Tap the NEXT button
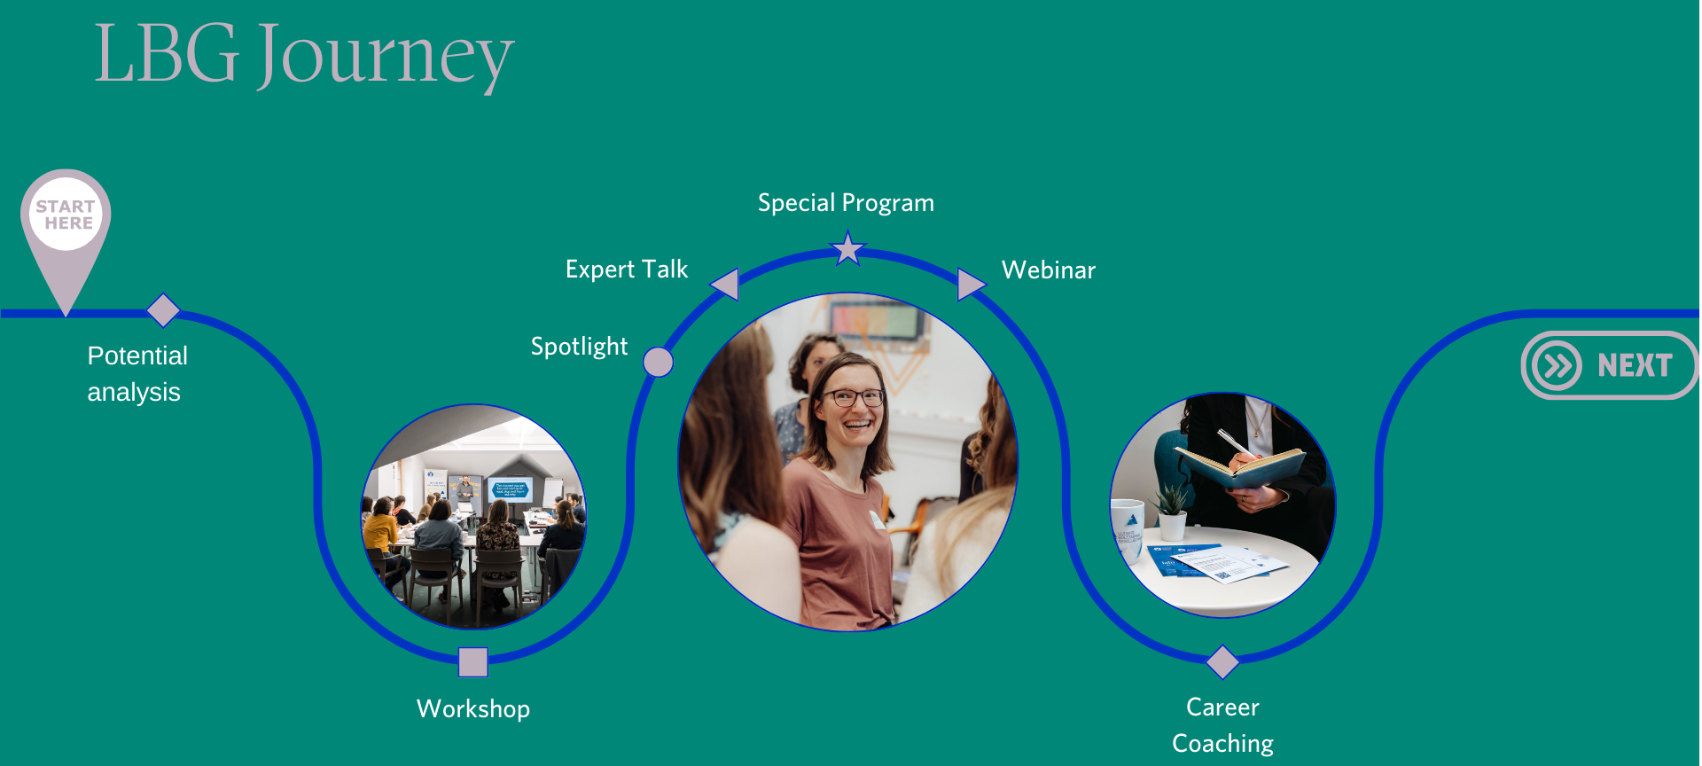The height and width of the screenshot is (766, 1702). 1610,365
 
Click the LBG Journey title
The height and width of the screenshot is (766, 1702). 304,55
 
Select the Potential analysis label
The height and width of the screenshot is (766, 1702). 137,373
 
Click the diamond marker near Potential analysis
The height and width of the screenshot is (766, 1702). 163,310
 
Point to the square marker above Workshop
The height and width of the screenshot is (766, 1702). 473,661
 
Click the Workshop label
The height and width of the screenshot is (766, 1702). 473,708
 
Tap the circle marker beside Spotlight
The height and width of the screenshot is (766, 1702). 658,362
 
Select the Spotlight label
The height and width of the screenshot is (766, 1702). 579,347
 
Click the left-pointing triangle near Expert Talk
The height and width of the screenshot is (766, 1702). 726,284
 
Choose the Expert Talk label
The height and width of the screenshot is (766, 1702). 627,270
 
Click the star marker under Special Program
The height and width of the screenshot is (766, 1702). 847,248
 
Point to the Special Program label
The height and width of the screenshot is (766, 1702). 846,203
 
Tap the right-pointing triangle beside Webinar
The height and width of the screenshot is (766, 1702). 972,284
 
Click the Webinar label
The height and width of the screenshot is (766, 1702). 1049,270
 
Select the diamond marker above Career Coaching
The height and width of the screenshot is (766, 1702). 1222,661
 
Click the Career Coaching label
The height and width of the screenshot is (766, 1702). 1222,725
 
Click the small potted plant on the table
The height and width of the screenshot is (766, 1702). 1172,513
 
